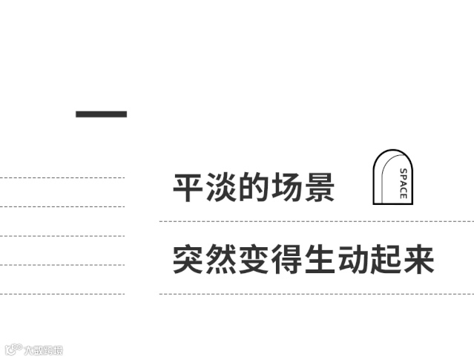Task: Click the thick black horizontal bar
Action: pyautogui.click(x=101, y=114)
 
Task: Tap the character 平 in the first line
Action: pyautogui.click(x=188, y=187)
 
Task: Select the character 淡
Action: pyautogui.click(x=221, y=187)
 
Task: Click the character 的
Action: pyautogui.click(x=254, y=187)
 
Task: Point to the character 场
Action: pyautogui.click(x=286, y=187)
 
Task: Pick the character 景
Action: pyautogui.click(x=319, y=187)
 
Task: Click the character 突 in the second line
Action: pyautogui.click(x=188, y=259)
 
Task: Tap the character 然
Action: pyautogui.click(x=221, y=259)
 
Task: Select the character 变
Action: pyautogui.click(x=254, y=259)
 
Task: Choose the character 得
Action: pyautogui.click(x=286, y=259)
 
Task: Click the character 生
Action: pyautogui.click(x=319, y=259)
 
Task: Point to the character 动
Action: pyautogui.click(x=352, y=259)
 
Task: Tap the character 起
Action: pyautogui.click(x=385, y=259)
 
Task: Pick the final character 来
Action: pyautogui.click(x=418, y=259)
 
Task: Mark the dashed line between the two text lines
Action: pyautogui.click(x=315, y=221)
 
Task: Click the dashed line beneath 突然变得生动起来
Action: pyautogui.click(x=315, y=294)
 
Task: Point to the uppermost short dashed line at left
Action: pyautogui.click(x=62, y=177)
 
